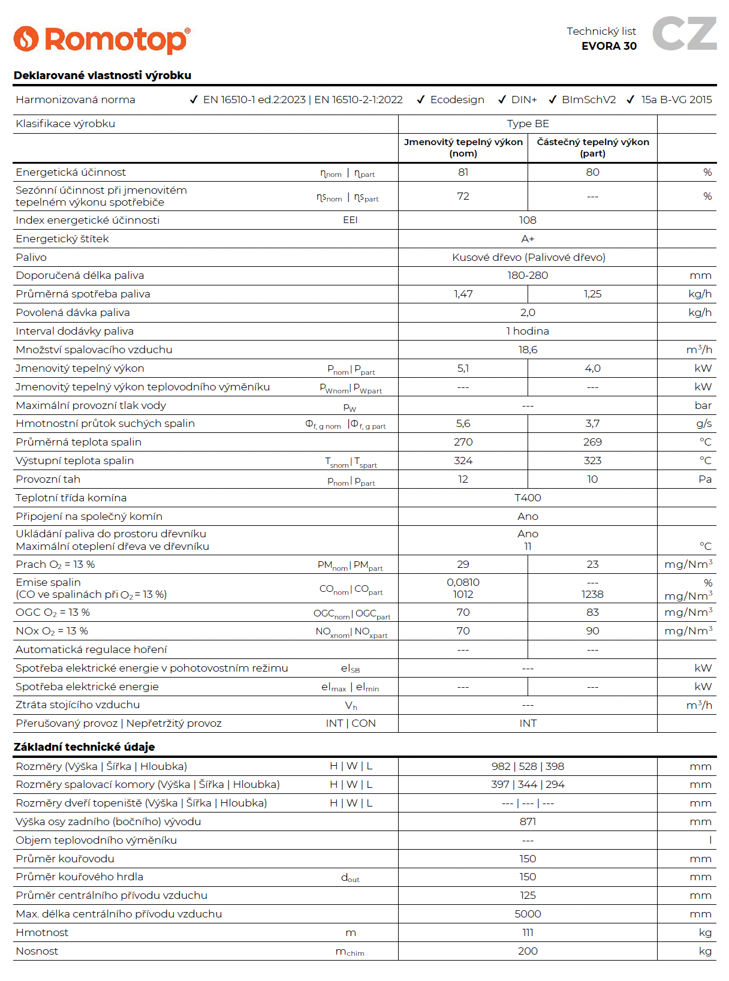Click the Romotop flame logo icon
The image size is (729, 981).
[x=26, y=39]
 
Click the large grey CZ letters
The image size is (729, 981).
[x=684, y=34]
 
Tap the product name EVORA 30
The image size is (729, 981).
[x=608, y=46]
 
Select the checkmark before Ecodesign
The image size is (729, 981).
[x=421, y=100]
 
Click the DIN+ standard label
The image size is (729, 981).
[x=524, y=100]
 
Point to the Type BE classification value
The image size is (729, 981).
[x=528, y=124]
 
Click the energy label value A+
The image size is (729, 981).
[x=528, y=239]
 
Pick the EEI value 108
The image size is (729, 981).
[x=528, y=220]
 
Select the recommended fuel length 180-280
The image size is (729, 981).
[x=528, y=275]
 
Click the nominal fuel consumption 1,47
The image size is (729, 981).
[x=463, y=294]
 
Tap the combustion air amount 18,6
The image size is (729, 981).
[x=528, y=350]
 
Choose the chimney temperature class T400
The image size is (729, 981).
[x=528, y=498]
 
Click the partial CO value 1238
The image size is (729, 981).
[x=592, y=594]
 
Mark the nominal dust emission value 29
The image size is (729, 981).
[x=463, y=564]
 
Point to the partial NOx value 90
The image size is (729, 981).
[x=592, y=631]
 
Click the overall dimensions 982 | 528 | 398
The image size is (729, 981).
[x=528, y=766]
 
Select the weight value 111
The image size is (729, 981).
[x=528, y=932]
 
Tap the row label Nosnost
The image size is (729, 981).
[x=37, y=951]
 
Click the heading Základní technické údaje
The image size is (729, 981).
[x=84, y=747]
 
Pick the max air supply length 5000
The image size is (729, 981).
[x=528, y=914]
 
